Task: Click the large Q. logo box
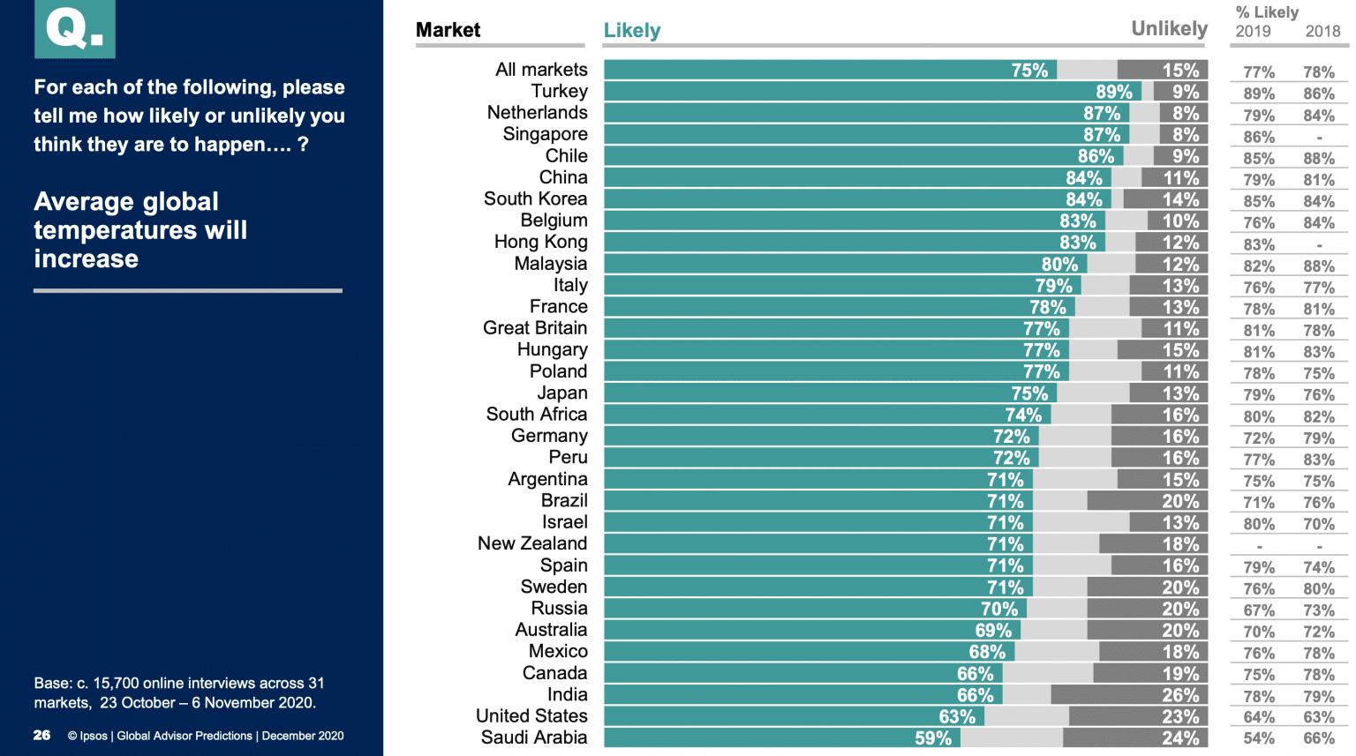(75, 29)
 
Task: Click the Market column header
(448, 30)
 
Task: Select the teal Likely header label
(631, 31)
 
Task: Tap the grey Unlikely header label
(1169, 29)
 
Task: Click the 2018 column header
(1322, 32)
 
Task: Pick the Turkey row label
(559, 92)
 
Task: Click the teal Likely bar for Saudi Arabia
(768, 738)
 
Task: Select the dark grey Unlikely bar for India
(1128, 695)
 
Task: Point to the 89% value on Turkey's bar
(1113, 92)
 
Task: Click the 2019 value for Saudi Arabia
(1258, 739)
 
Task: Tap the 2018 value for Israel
(1318, 524)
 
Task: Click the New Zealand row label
(531, 543)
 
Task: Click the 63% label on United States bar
(957, 717)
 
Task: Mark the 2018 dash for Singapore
(1319, 138)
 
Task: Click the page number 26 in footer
(41, 736)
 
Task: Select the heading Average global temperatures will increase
(140, 230)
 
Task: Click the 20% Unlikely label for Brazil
(1179, 502)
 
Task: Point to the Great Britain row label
(534, 328)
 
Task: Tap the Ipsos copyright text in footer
(206, 736)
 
